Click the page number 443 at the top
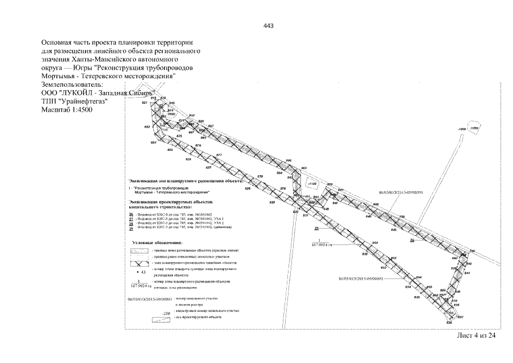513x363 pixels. tap(269, 26)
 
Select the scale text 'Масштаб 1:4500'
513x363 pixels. tap(66, 109)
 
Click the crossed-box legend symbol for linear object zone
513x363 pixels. tap(139, 264)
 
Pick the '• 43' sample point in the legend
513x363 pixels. tap(141, 273)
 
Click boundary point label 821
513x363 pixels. tap(145, 103)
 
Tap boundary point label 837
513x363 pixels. tap(461, 317)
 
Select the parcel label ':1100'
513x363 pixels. tap(311, 184)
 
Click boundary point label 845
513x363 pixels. tap(393, 230)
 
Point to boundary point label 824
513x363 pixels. tap(153, 142)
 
